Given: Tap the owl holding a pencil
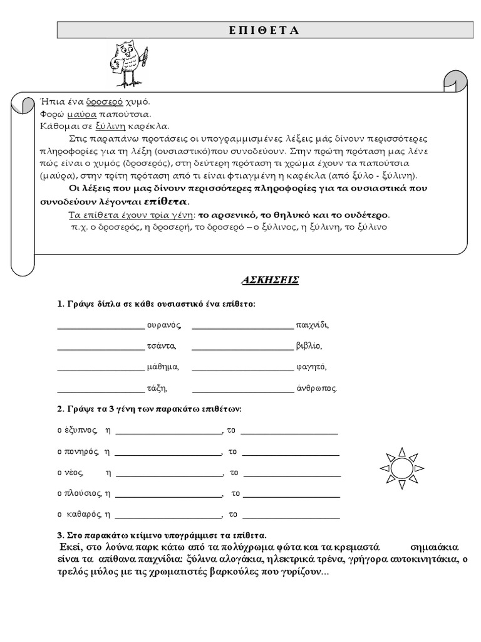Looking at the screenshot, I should tap(130, 63).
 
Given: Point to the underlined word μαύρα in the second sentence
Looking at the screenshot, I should tap(82, 115).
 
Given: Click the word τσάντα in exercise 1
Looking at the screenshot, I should tap(162, 346).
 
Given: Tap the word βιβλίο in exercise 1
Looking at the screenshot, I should tap(309, 346).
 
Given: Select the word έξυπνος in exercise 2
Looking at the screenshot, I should tap(80, 430).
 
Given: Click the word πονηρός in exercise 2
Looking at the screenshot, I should tap(82, 451).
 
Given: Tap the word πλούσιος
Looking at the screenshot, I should tap(83, 494).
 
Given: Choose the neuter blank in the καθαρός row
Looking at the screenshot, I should tap(291, 516).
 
